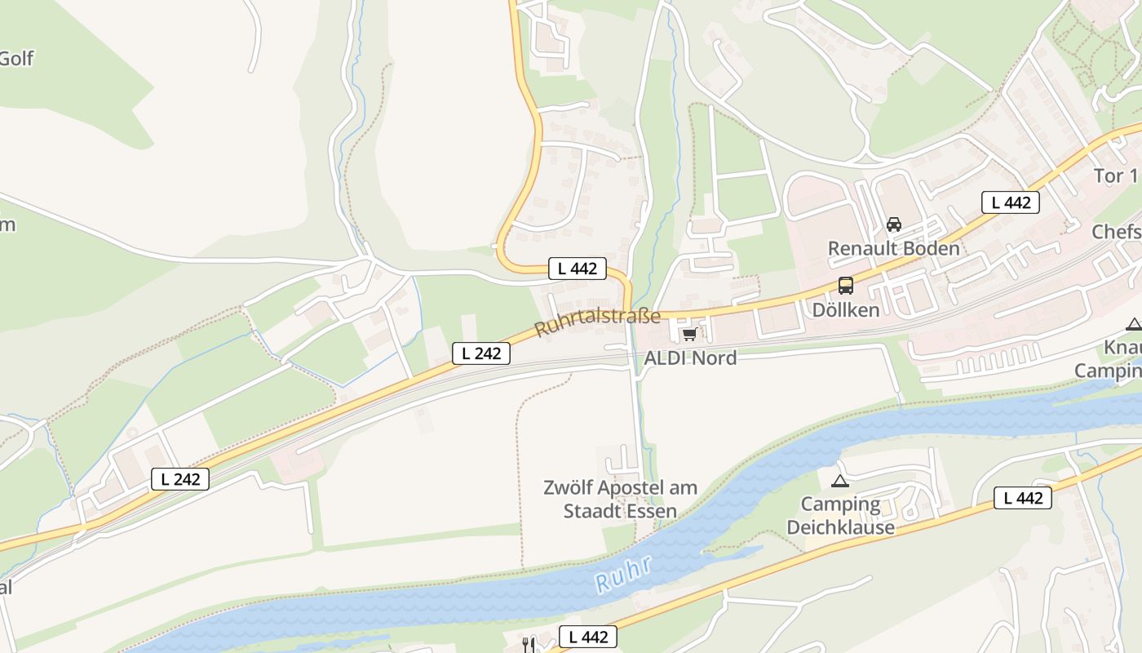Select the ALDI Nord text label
coord(690,358)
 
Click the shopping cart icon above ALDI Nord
coord(690,334)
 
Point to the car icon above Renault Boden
coord(894,224)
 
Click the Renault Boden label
coord(894,248)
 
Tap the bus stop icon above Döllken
coord(846,287)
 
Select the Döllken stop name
coord(846,310)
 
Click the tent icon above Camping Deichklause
coord(840,481)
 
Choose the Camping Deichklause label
coord(840,515)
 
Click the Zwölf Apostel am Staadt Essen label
coord(621,500)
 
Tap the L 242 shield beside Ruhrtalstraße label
coord(481,353)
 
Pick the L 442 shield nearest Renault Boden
coord(1010,202)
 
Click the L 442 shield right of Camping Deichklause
coord(1022,498)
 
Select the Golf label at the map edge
coord(16,58)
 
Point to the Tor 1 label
coord(1116,175)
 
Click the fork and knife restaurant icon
coord(529,644)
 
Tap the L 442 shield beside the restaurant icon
coord(587,637)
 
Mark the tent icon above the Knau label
coord(1133,325)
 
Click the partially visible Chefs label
coord(1117,232)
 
